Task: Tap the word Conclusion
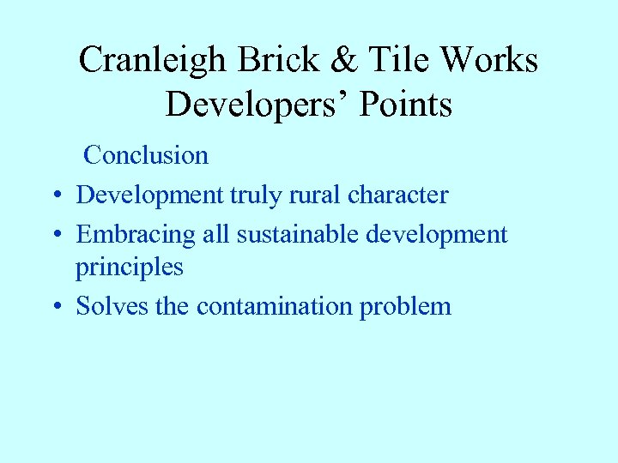point(146,155)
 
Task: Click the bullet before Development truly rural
point(55,196)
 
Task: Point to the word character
point(397,195)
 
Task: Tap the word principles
point(129,268)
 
